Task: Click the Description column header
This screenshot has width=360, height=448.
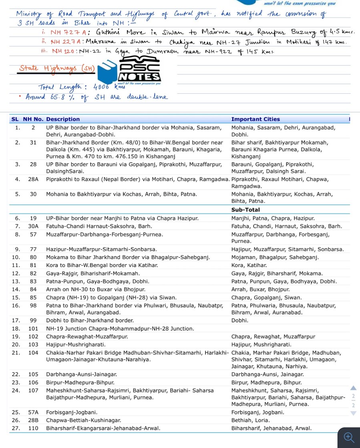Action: pos(63,119)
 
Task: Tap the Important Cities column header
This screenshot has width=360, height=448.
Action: pos(255,119)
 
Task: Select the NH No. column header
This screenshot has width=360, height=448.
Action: pos(33,119)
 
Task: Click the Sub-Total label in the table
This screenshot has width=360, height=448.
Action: pos(245,210)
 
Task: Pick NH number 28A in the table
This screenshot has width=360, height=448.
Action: pos(33,179)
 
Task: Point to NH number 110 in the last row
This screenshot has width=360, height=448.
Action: pos(33,428)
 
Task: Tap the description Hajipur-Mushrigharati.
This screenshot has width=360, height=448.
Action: pos(76,345)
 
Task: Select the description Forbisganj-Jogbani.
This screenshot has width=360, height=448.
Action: pos(72,412)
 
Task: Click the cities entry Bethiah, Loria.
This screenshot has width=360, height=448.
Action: pos(250,420)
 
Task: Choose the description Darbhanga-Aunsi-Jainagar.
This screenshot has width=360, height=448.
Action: pos(81,374)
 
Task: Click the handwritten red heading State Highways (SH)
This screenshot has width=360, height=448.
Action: pos(56,68)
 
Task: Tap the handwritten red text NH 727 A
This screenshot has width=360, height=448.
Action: pos(66,32)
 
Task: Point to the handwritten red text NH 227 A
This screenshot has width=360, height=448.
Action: pos(66,42)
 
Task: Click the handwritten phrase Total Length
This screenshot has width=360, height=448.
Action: pos(60,87)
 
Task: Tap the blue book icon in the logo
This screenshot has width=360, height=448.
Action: pos(107,71)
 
